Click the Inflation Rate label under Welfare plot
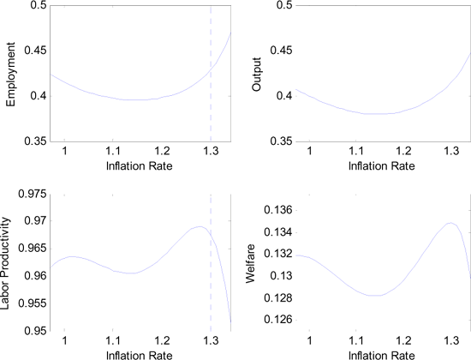pyautogui.click(x=377, y=353)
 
